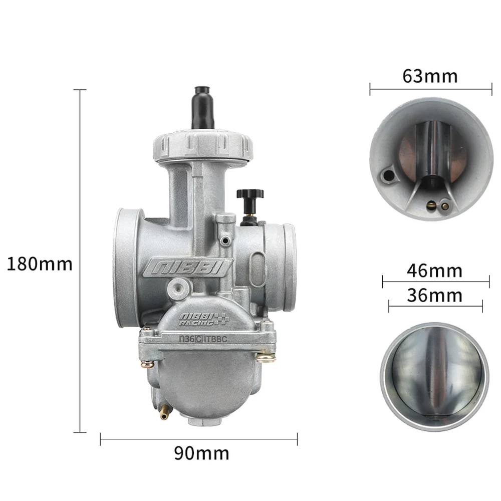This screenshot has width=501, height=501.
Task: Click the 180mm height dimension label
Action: (40, 265)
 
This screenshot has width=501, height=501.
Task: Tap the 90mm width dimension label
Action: (201, 453)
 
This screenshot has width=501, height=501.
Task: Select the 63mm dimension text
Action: (430, 76)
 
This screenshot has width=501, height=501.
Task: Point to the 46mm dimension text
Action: (434, 271)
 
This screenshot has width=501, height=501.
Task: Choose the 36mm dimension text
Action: (434, 296)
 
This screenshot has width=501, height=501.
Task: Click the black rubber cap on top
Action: (203, 107)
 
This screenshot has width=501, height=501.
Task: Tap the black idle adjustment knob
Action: (250, 200)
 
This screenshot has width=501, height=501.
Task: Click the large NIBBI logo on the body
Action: (187, 268)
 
